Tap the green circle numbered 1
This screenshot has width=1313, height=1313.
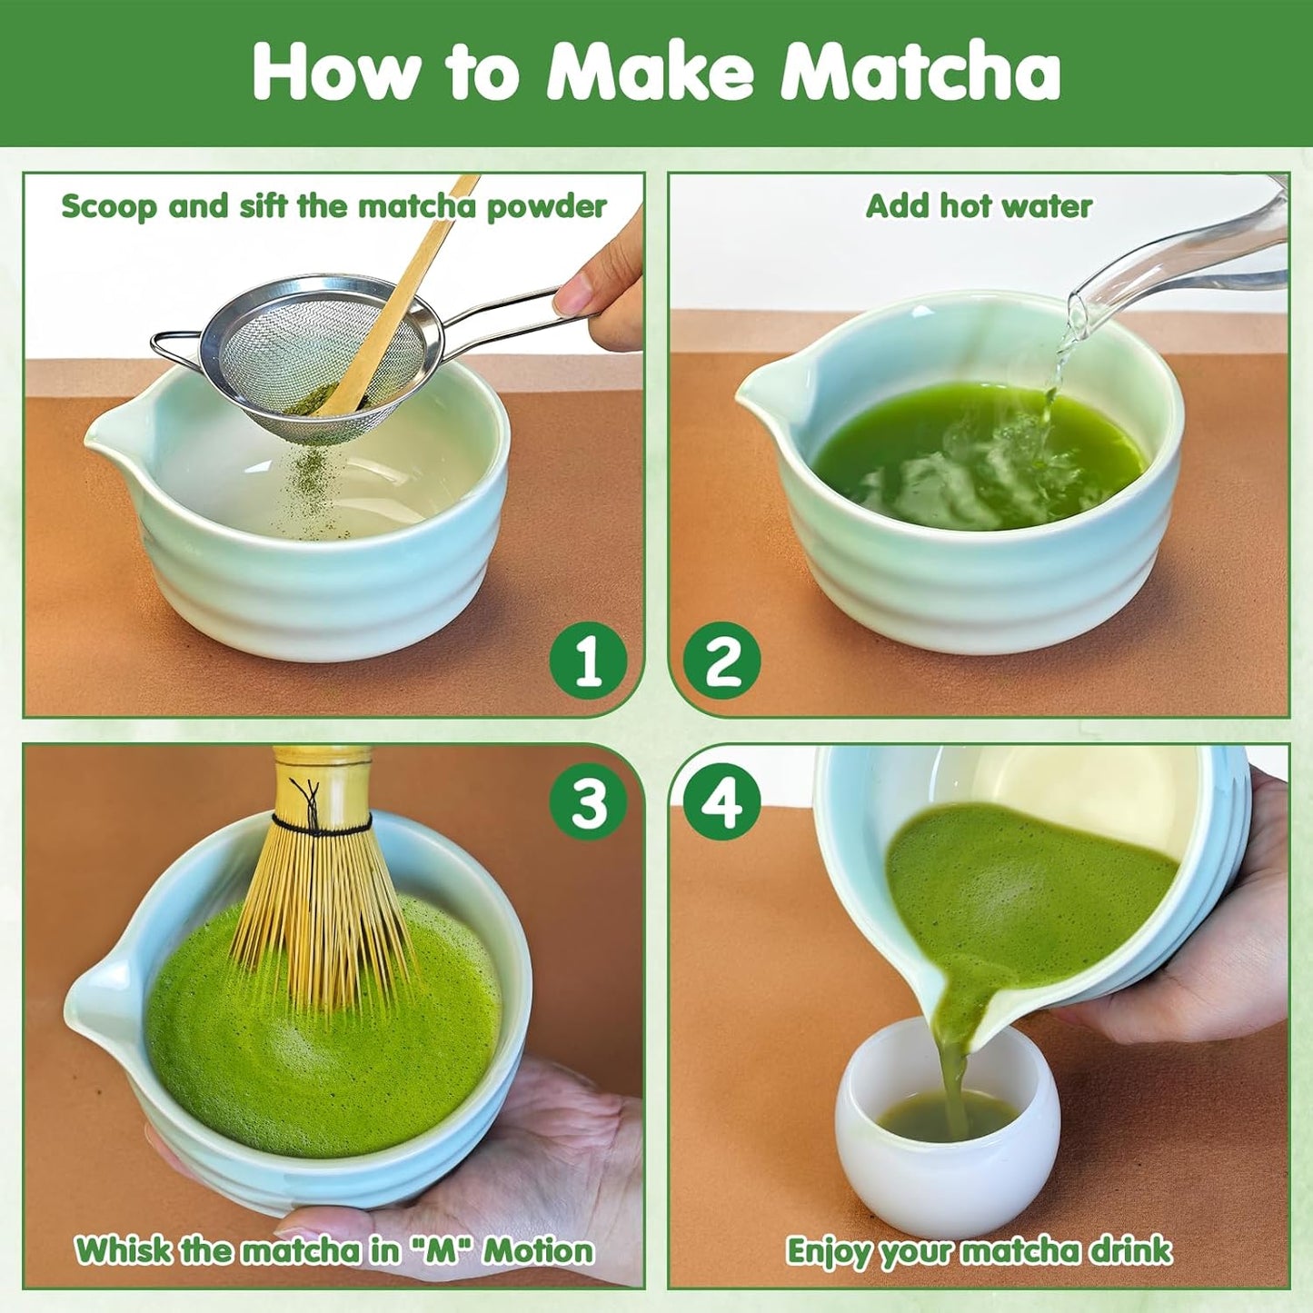(x=589, y=661)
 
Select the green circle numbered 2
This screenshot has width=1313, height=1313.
(x=722, y=661)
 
